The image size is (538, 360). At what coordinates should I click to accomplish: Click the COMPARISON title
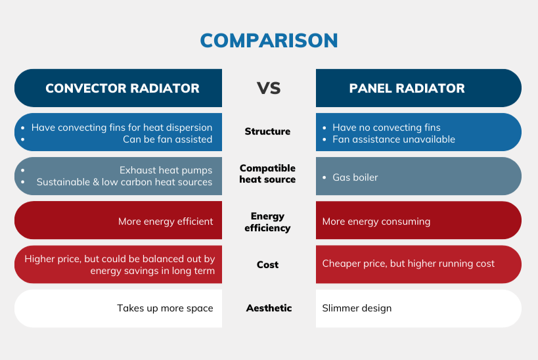coord(269,41)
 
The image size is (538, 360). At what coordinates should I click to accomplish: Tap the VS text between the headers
coord(268,88)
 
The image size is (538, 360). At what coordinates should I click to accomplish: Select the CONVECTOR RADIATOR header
coord(122,88)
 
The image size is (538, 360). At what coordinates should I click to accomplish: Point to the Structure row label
coord(267,131)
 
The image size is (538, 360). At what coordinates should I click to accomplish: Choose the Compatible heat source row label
coord(267,174)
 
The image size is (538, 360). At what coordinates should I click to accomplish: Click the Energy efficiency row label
coord(267,222)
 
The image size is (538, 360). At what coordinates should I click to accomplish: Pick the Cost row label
coord(267,265)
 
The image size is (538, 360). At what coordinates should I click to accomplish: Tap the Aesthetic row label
coord(269,308)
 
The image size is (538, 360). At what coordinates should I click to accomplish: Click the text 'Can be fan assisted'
coord(168,139)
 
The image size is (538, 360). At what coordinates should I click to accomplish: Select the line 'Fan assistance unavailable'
coord(393,139)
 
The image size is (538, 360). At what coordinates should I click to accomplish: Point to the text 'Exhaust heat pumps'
coord(166,170)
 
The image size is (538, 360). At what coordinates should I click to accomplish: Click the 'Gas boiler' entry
coord(355,177)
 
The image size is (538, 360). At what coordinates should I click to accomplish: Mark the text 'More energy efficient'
coord(166,221)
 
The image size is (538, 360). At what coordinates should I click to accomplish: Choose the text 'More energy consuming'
coord(376,221)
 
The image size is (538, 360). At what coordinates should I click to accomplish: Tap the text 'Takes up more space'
coord(165,308)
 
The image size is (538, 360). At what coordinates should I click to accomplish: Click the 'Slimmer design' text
coord(357,308)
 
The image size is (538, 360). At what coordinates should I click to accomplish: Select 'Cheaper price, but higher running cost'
coord(408,263)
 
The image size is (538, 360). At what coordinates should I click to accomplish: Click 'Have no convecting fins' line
coord(386,127)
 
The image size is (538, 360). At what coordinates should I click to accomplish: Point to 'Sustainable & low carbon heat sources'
coord(124,182)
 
